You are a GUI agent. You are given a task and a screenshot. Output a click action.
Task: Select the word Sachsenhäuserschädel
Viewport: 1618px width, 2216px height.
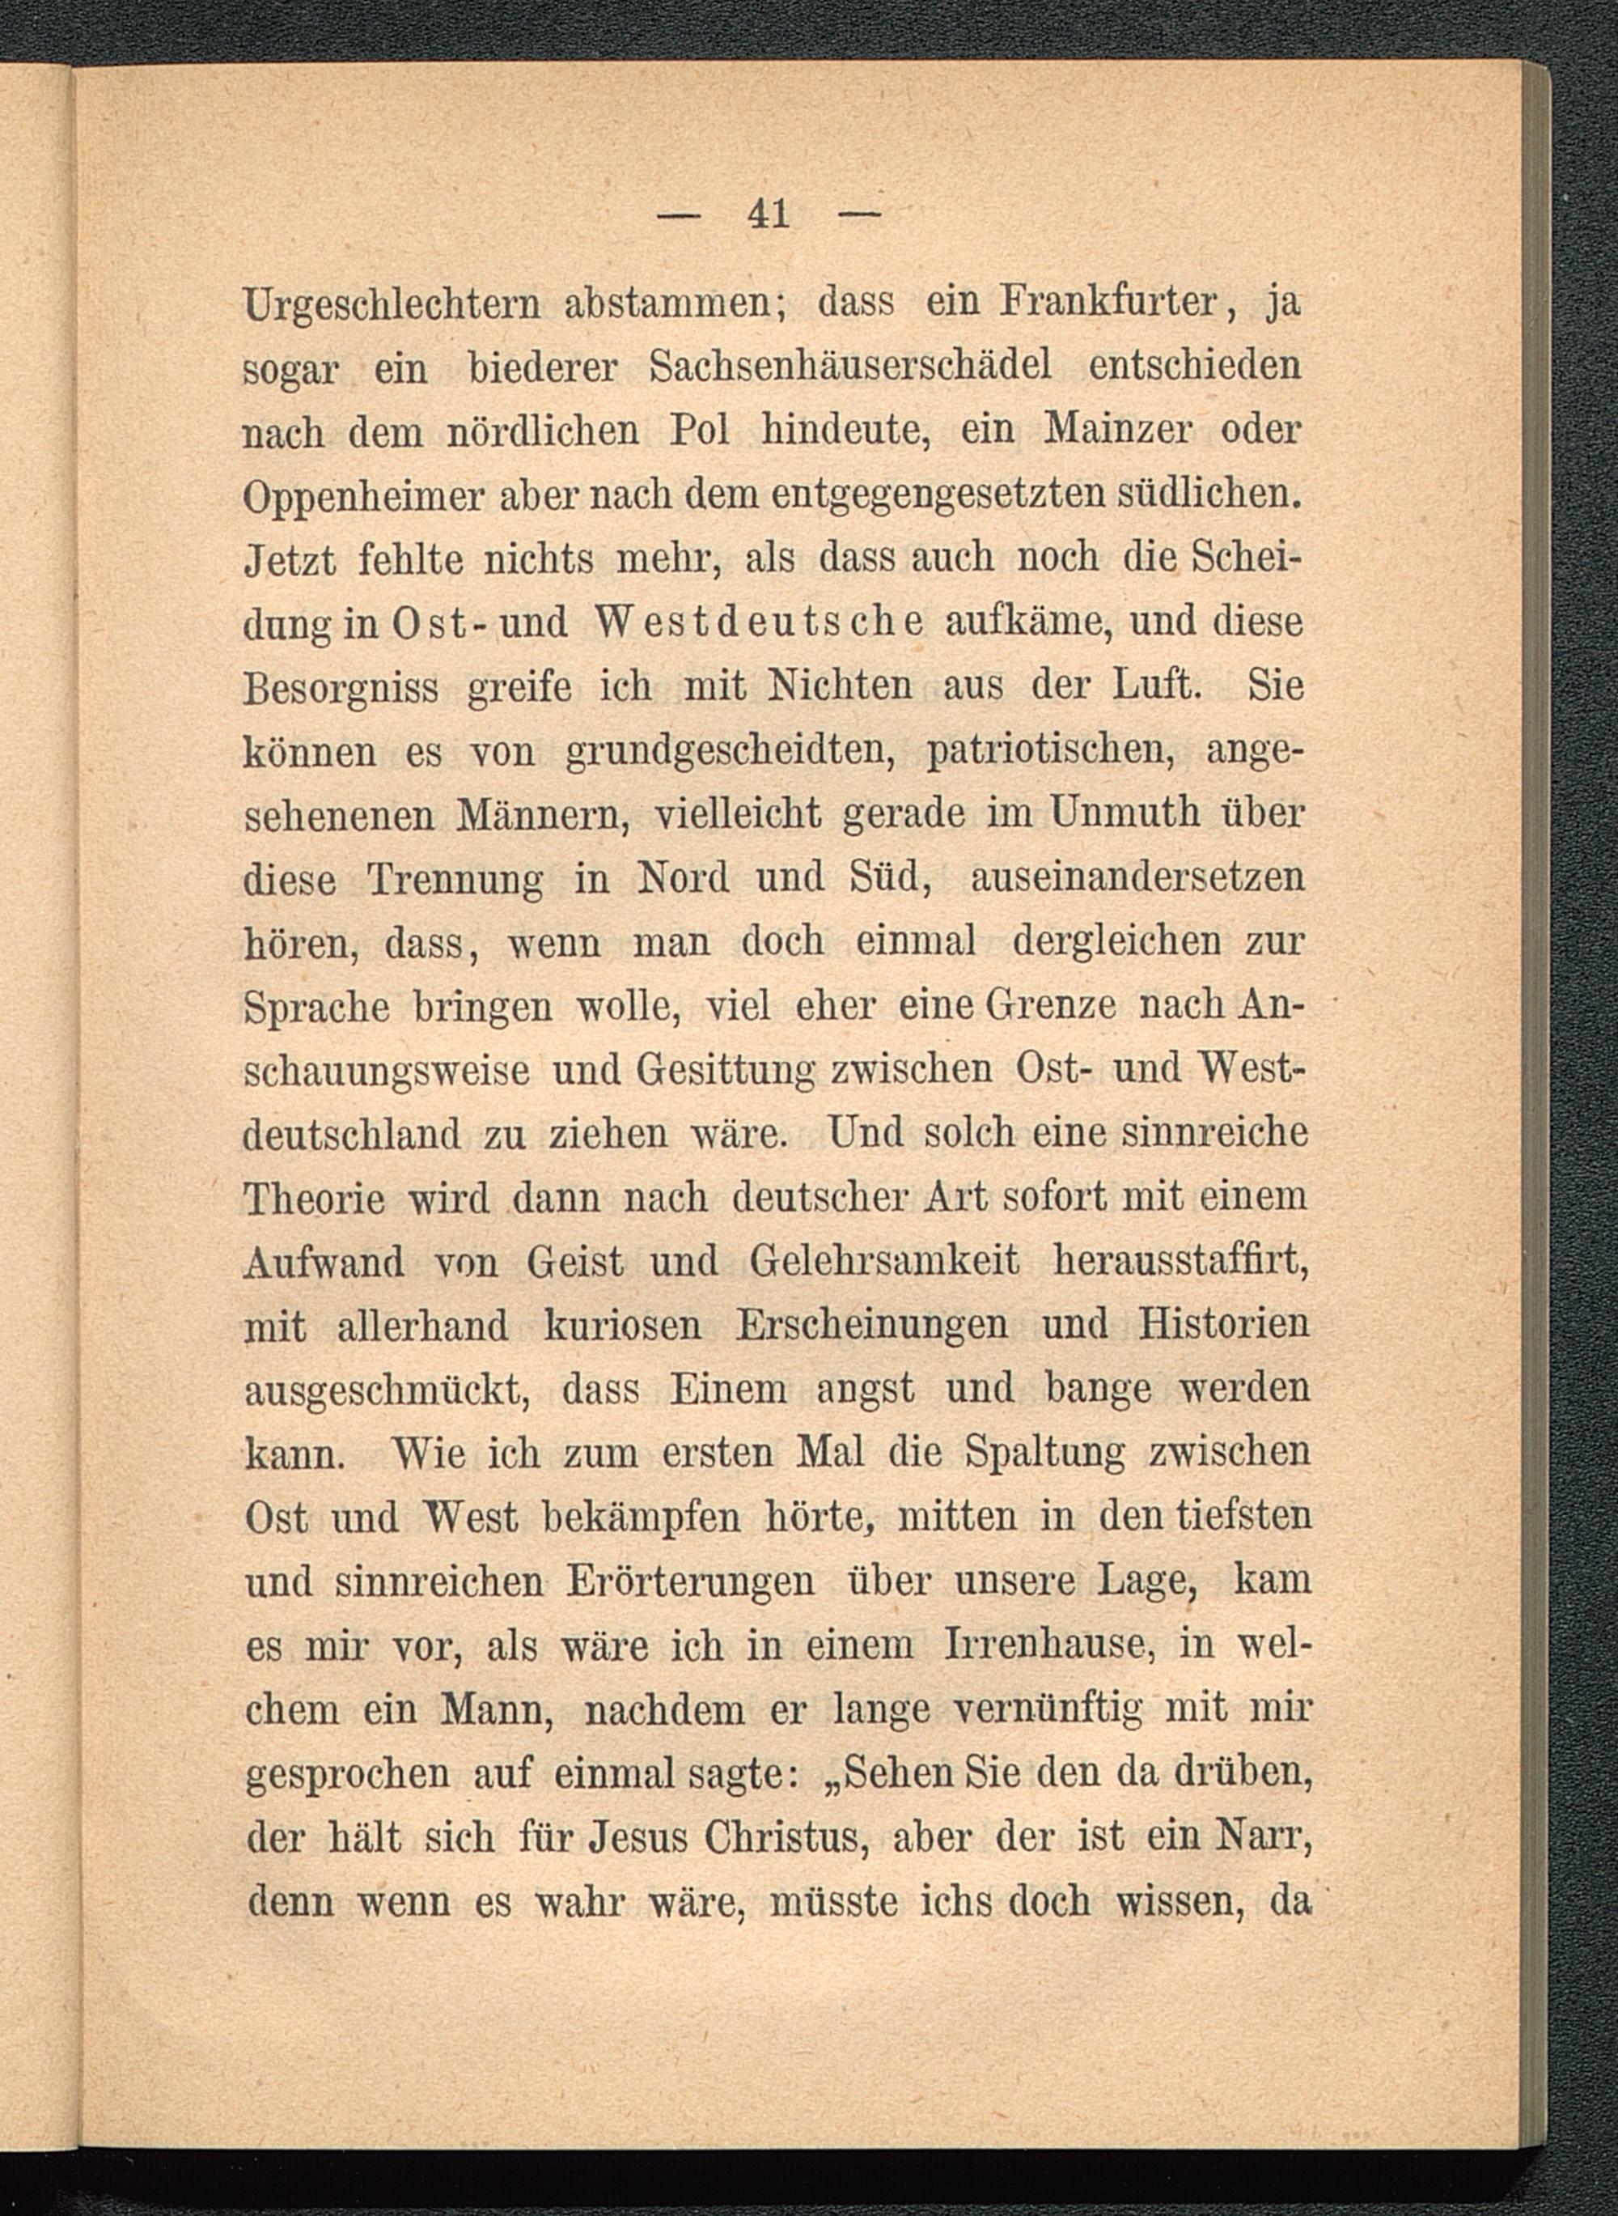click(851, 367)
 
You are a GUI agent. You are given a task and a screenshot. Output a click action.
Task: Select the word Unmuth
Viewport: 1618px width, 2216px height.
click(1111, 813)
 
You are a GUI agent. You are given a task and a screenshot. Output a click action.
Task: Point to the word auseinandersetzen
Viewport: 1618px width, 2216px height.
click(1137, 877)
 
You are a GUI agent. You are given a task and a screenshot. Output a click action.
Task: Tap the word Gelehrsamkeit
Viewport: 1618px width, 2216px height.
click(883, 1261)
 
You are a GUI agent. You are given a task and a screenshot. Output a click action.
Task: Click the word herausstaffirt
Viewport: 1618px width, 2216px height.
click(1181, 1261)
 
